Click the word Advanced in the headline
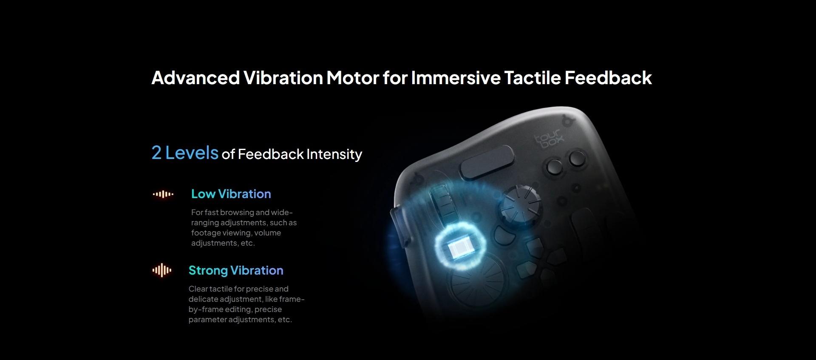(195, 78)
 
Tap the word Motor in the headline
(352, 78)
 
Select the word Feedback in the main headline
(608, 78)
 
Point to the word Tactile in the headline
(533, 78)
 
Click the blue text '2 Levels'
(185, 153)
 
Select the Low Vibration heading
(231, 194)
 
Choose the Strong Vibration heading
(236, 270)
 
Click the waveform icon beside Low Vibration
(163, 194)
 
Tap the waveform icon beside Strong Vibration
(162, 270)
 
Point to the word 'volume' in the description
(267, 233)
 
